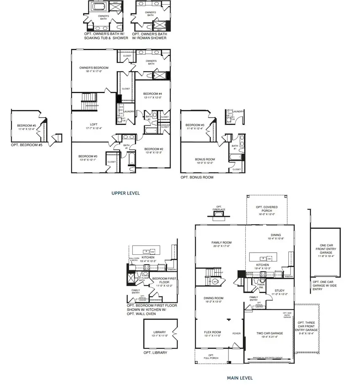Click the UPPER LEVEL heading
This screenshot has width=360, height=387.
pyautogui.click(x=125, y=193)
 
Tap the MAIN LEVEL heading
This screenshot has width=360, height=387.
pyautogui.click(x=239, y=378)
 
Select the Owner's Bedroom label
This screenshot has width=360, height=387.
pyautogui.click(x=94, y=68)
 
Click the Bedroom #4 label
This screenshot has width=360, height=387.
pyautogui.click(x=152, y=94)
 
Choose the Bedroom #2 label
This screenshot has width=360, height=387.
pyautogui.click(x=153, y=149)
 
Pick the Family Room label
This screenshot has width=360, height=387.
pyautogui.click(x=221, y=243)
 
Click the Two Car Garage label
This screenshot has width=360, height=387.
pyautogui.click(x=269, y=333)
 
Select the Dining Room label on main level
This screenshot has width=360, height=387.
pyautogui.click(x=213, y=298)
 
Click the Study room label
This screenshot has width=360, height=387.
pyautogui.click(x=279, y=291)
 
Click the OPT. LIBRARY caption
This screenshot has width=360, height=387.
pyautogui.click(x=155, y=352)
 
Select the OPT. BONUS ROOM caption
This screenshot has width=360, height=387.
pyautogui.click(x=197, y=177)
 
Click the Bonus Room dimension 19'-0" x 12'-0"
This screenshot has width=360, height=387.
pyautogui.click(x=205, y=163)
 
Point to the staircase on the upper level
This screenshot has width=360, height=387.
pyautogui.click(x=89, y=101)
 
